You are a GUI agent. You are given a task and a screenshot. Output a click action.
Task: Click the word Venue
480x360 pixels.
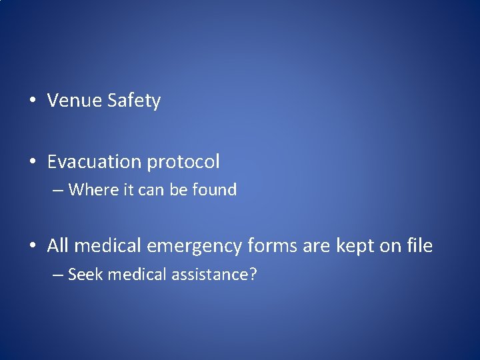coord(74,101)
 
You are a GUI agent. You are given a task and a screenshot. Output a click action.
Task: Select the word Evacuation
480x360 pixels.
coord(94,162)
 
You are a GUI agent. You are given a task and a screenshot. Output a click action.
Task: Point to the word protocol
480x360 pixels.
coord(183,162)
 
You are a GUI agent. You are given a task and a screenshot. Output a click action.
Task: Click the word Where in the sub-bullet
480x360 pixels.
coord(94,190)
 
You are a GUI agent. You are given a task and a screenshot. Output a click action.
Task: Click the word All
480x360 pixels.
coord(58,246)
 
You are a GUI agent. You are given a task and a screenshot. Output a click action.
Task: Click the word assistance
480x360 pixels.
coord(207,274)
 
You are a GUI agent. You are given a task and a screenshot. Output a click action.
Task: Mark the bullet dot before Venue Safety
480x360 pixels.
coord(33,101)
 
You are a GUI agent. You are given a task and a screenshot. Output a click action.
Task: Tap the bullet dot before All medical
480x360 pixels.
coord(33,247)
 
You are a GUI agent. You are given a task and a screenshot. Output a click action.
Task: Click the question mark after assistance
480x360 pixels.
coord(253,274)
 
